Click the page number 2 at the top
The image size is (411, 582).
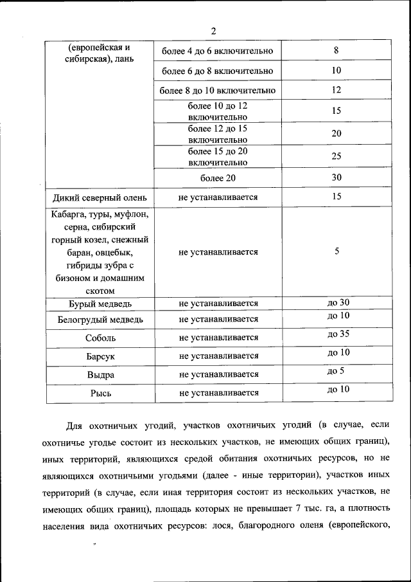pyautogui.click(x=213, y=31)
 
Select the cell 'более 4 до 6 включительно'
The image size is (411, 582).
pyautogui.click(x=218, y=51)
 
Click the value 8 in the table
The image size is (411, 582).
pyautogui.click(x=337, y=50)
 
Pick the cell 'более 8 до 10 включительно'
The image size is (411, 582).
pyautogui.click(x=218, y=91)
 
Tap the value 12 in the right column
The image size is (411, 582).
pyautogui.click(x=337, y=90)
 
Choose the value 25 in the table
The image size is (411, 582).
pyautogui.click(x=337, y=156)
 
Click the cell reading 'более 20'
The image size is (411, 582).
pyautogui.click(x=218, y=177)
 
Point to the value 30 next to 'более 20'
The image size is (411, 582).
pyautogui.click(x=337, y=177)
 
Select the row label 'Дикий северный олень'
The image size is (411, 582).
pyautogui.click(x=100, y=197)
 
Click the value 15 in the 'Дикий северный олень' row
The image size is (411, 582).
pyautogui.click(x=337, y=196)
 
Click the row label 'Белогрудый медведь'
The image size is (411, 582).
pyautogui.click(x=100, y=319)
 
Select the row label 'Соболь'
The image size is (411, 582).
pyautogui.click(x=100, y=338)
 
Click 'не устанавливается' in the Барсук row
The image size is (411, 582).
pyautogui.click(x=218, y=356)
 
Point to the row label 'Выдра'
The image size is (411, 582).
pyautogui.click(x=100, y=374)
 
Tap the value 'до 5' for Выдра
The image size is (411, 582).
pyautogui.click(x=336, y=370)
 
